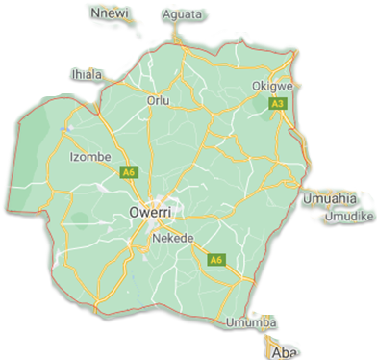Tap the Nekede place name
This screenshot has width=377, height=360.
point(173,237)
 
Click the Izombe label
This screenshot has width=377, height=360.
point(91,156)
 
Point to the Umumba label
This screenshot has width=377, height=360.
point(251,321)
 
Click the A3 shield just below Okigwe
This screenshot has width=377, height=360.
point(277,102)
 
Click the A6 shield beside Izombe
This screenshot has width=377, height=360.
point(129,172)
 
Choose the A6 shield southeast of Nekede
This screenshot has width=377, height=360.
point(216,260)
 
